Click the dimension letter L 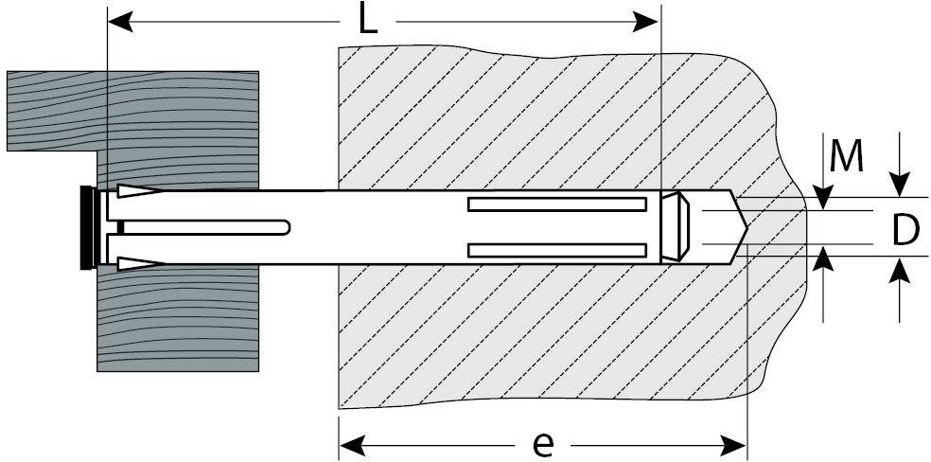[x=367, y=21]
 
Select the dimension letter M [x=846, y=157]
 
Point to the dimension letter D [x=905, y=230]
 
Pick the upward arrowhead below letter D [x=900, y=269]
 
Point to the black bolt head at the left [x=87, y=227]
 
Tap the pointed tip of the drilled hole [x=745, y=227]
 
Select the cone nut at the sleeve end [x=675, y=227]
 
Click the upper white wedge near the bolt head [x=138, y=193]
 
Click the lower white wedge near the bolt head [x=138, y=261]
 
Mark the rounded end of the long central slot [x=284, y=227]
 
